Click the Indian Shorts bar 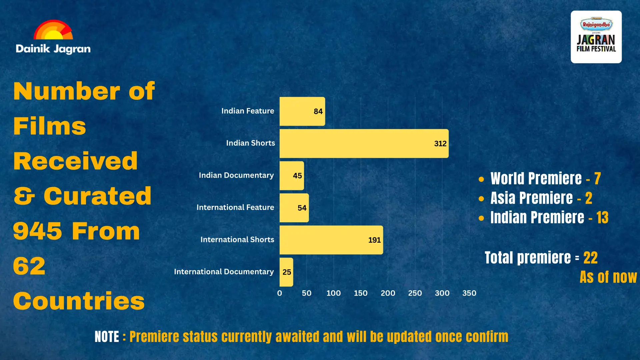(x=364, y=143)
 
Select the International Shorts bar (x=331, y=240)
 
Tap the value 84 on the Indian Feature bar (x=318, y=111)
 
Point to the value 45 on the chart (x=297, y=176)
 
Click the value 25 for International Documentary (x=287, y=272)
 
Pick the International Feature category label (x=235, y=207)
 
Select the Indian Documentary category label (x=236, y=175)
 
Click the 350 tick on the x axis (x=469, y=293)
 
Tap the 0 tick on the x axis (x=279, y=293)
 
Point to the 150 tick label (x=361, y=293)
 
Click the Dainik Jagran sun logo (x=53, y=30)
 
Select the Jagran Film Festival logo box (x=596, y=37)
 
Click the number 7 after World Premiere (x=597, y=179)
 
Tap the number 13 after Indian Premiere (x=602, y=218)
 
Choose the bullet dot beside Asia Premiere (x=481, y=199)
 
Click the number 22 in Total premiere (x=590, y=258)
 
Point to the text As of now (x=608, y=277)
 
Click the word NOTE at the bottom (x=107, y=337)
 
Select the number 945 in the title (x=37, y=231)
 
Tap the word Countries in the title (x=79, y=301)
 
